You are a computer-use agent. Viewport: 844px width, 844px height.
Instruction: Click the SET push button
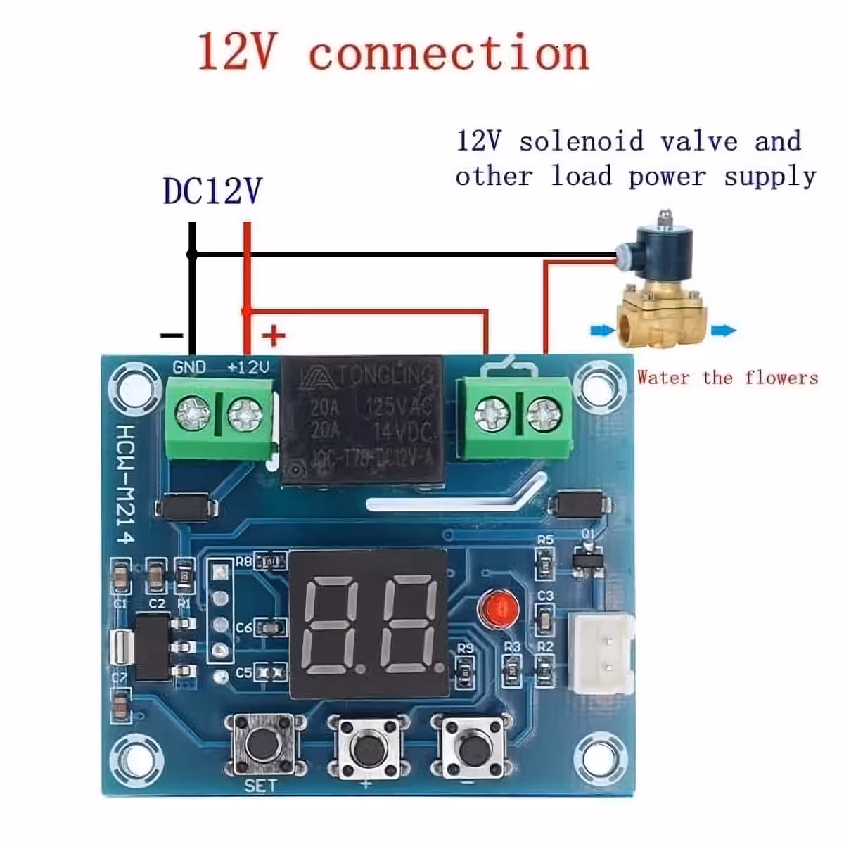[x=262, y=744]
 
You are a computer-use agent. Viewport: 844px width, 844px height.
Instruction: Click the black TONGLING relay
[x=362, y=422]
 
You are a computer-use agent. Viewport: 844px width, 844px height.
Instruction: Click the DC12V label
[x=212, y=191]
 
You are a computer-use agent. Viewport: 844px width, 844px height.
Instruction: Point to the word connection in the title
[x=449, y=53]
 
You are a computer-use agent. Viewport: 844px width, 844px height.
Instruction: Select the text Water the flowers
[x=727, y=378]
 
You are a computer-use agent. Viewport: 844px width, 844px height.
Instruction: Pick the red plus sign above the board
[x=274, y=335]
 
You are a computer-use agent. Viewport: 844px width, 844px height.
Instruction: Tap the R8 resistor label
[x=243, y=561]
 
